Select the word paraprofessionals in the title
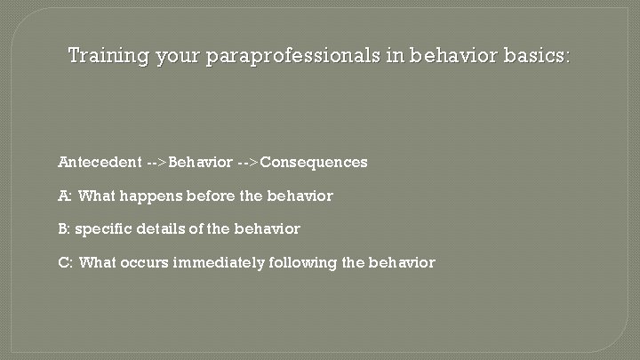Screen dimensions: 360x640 292,56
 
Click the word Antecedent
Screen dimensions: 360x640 100,163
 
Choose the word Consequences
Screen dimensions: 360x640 314,163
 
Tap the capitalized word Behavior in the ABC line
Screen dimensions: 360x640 201,163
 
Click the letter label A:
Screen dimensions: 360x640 65,196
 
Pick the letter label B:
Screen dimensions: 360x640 64,229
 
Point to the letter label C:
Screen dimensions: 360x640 65,263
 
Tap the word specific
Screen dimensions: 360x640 104,229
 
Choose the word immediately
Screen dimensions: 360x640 218,263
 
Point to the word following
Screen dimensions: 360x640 301,263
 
